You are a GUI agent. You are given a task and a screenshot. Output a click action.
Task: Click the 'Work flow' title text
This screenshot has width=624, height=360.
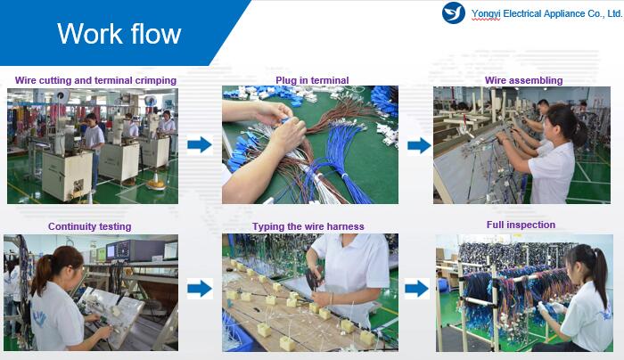119,33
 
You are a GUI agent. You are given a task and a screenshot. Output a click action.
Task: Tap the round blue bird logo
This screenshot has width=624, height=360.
453,12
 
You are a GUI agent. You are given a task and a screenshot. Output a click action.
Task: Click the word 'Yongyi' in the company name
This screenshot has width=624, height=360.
486,14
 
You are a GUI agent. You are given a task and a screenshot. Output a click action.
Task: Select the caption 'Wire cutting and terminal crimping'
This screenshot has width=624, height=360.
95,80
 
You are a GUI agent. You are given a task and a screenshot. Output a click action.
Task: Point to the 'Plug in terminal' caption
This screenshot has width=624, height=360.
312,80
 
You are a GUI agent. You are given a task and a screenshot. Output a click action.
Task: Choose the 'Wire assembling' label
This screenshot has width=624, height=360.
524,80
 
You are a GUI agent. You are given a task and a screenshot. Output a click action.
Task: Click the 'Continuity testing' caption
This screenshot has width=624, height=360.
89,226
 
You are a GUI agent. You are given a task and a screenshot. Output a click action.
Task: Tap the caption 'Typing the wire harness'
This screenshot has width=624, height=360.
308,226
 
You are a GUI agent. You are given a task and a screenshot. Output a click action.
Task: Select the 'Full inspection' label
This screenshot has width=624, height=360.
521,225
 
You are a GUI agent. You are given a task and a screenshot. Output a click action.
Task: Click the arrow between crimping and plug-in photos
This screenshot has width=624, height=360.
200,144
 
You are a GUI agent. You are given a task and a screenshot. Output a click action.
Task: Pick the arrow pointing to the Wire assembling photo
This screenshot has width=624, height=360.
419,145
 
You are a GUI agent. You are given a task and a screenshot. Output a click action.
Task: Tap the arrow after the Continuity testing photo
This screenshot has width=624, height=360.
200,289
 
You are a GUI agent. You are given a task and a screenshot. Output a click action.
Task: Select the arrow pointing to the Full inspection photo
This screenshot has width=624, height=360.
416,289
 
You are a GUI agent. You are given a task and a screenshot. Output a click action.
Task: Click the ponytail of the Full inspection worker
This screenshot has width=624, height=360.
600,274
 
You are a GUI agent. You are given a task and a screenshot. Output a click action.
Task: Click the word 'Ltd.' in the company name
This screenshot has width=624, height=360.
614,13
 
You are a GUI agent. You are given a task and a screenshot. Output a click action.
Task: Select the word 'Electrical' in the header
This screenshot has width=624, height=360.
522,13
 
